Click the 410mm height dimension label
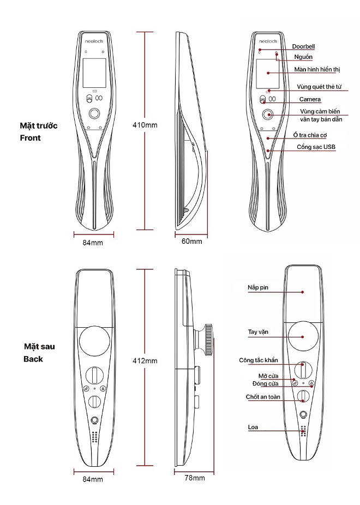click(145, 125)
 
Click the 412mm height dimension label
click(145, 360)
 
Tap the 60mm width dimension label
click(191, 241)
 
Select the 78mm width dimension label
click(195, 478)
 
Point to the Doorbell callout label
click(303, 46)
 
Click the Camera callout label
click(310, 99)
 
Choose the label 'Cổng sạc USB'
click(316, 147)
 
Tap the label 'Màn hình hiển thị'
click(317, 69)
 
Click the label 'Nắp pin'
click(257, 287)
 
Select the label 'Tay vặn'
click(258, 332)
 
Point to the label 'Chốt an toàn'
click(263, 397)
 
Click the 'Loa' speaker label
click(253, 427)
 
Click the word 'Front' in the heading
click(30, 138)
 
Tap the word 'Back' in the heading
click(33, 359)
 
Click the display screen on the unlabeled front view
click(94, 73)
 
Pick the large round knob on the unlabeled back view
click(94, 342)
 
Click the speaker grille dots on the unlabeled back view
click(94, 437)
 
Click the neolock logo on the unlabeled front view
click(94, 41)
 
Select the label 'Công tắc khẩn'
click(258, 360)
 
